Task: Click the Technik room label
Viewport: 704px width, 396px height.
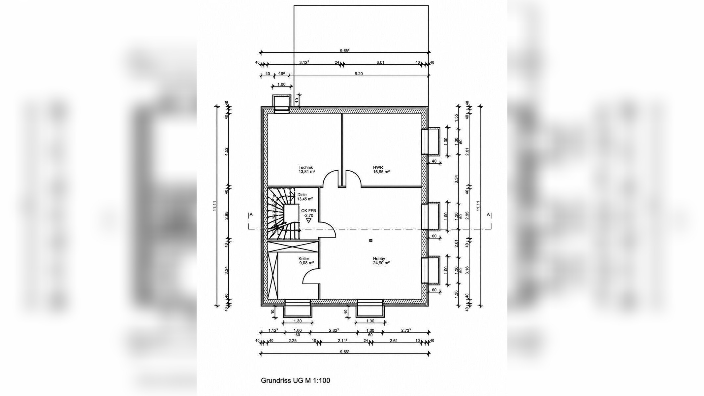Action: pyautogui.click(x=305, y=167)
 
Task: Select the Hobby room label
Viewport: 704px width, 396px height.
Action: pyautogui.click(x=379, y=259)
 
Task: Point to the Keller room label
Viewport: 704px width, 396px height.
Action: pyautogui.click(x=304, y=259)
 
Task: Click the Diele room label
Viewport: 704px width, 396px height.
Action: pyautogui.click(x=302, y=195)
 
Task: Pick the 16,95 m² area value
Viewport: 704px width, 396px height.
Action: pyautogui.click(x=381, y=172)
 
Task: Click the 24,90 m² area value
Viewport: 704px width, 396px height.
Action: pyautogui.click(x=381, y=263)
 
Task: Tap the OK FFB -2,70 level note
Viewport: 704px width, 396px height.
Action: pyautogui.click(x=308, y=213)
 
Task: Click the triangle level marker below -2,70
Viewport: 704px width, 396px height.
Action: pyautogui.click(x=309, y=220)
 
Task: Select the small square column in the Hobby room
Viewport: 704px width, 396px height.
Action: pyautogui.click(x=371, y=241)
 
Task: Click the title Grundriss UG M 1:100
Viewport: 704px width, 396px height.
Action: pyautogui.click(x=295, y=380)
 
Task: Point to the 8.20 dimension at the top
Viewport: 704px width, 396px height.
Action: pyautogui.click(x=359, y=74)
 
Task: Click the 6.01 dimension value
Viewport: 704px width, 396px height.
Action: pyautogui.click(x=380, y=62)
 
